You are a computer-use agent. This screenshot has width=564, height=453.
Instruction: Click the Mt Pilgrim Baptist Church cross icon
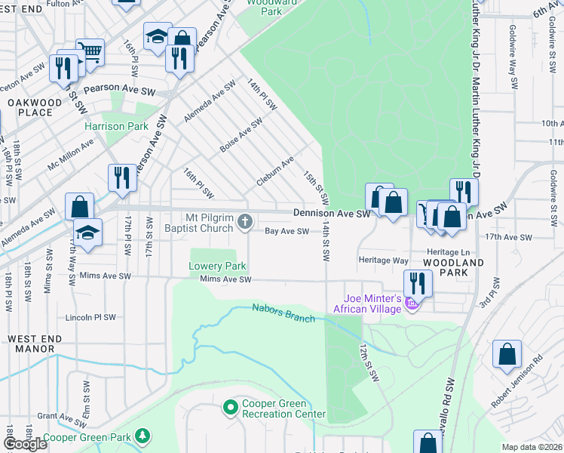pyautogui.click(x=244, y=221)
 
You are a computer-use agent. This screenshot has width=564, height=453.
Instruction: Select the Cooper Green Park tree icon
pyautogui.click(x=141, y=436)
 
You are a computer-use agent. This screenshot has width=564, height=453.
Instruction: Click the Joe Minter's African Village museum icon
pyautogui.click(x=412, y=304)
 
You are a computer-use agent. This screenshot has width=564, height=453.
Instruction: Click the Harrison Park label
pyautogui.click(x=116, y=126)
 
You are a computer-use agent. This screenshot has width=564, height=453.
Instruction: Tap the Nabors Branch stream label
pyautogui.click(x=283, y=313)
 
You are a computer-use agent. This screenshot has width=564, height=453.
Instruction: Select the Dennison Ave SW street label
pyautogui.click(x=332, y=214)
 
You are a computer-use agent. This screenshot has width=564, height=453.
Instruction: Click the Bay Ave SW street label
pyautogui.click(x=287, y=232)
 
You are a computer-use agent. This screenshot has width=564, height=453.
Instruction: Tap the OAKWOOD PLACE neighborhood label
pyautogui.click(x=30, y=107)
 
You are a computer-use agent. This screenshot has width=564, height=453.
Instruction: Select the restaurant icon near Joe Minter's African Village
pyautogui.click(x=417, y=283)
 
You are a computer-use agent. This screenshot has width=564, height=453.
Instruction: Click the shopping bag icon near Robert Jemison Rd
pyautogui.click(x=507, y=353)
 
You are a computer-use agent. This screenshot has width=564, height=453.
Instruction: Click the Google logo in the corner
pyautogui.click(x=25, y=444)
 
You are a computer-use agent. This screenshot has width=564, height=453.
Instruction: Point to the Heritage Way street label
pyautogui.click(x=384, y=260)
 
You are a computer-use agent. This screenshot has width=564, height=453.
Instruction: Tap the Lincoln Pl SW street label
pyautogui.click(x=91, y=317)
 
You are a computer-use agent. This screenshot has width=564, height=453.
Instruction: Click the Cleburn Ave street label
pyautogui.click(x=275, y=172)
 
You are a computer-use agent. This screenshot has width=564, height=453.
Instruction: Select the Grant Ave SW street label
pyautogui.click(x=59, y=416)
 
